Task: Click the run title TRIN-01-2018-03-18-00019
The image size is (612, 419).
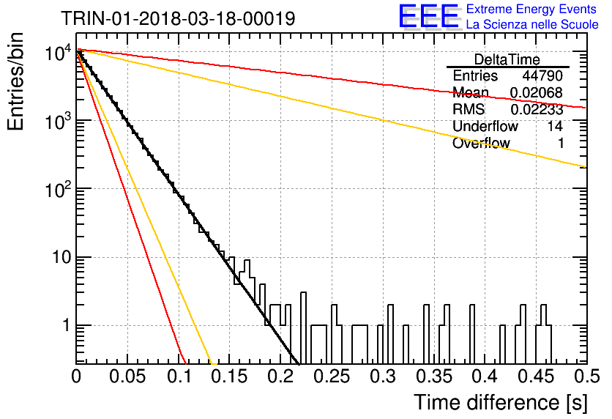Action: (x=179, y=18)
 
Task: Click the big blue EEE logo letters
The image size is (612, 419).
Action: (x=428, y=16)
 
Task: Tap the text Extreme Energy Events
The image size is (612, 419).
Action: (x=531, y=9)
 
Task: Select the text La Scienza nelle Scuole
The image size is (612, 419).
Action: (x=532, y=24)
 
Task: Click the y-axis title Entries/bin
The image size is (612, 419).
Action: (x=15, y=81)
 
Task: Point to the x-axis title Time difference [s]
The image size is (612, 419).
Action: (x=501, y=403)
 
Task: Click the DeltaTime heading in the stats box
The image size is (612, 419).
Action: (x=507, y=59)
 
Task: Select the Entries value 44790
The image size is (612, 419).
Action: (x=542, y=75)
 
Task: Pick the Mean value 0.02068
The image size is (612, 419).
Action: (x=537, y=92)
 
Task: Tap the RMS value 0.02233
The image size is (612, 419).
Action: (x=537, y=110)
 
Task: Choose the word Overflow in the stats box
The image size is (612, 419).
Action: (x=481, y=143)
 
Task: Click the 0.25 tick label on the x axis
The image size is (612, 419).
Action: (x=332, y=377)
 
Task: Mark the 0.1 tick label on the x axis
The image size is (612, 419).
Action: (x=179, y=377)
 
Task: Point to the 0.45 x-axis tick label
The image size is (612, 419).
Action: (x=537, y=377)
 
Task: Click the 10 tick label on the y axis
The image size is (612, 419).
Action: (x=61, y=257)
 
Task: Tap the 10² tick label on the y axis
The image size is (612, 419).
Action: (x=58, y=189)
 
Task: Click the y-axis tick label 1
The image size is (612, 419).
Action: (x=66, y=325)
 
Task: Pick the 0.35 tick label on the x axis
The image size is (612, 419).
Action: (x=434, y=377)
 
